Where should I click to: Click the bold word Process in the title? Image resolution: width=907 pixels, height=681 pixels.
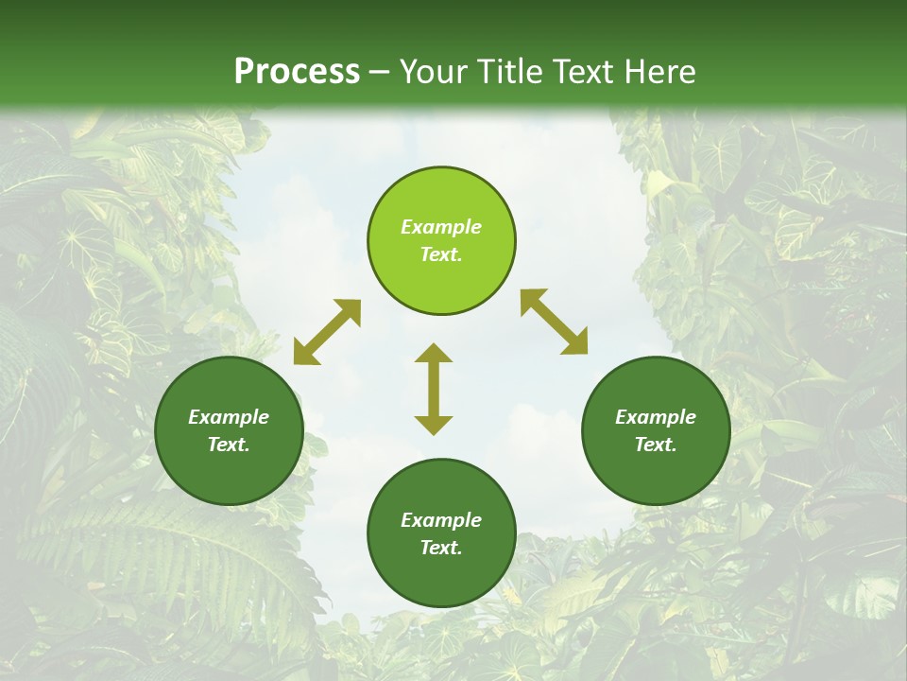click(x=297, y=72)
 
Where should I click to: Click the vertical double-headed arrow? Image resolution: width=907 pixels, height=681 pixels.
click(x=434, y=389)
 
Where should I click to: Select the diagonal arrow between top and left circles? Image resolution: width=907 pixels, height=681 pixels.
click(x=327, y=332)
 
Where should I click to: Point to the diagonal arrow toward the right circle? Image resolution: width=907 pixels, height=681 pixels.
click(x=554, y=322)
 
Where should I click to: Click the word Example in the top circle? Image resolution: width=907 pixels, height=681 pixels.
click(x=441, y=227)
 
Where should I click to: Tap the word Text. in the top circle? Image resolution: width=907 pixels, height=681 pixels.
click(x=441, y=254)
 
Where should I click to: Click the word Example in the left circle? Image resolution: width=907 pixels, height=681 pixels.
click(x=229, y=417)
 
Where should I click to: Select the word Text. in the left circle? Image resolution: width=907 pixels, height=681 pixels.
click(x=229, y=445)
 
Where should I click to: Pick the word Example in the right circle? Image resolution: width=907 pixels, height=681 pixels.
click(x=656, y=417)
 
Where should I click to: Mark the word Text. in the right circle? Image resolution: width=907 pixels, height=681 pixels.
click(x=656, y=445)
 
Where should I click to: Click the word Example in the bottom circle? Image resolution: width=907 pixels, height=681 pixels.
click(x=441, y=520)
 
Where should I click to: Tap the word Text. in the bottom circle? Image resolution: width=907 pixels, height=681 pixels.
click(x=441, y=548)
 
